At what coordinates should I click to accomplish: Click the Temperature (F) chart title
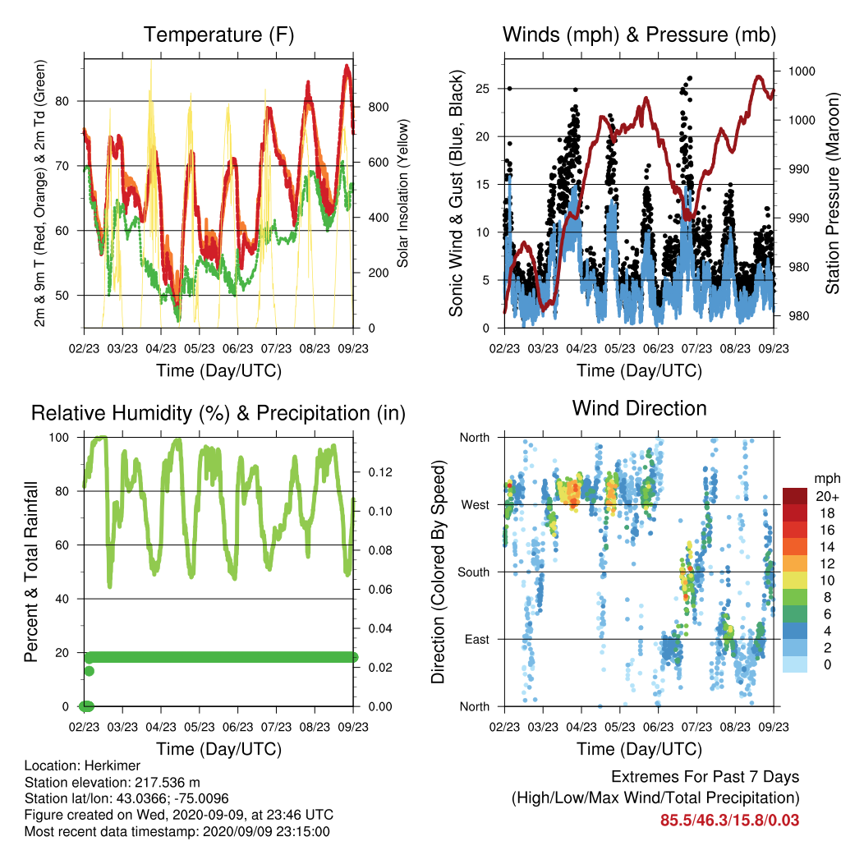pyautogui.click(x=218, y=34)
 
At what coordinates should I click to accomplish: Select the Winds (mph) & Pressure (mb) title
pyautogui.click(x=639, y=34)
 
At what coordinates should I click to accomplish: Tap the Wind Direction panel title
pyautogui.click(x=639, y=408)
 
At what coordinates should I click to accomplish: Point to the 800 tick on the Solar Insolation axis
pyautogui.click(x=378, y=108)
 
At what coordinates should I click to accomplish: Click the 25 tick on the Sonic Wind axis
pyautogui.click(x=483, y=89)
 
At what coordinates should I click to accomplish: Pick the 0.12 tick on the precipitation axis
pyautogui.click(x=380, y=472)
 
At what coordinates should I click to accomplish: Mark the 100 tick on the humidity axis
pyautogui.click(x=59, y=438)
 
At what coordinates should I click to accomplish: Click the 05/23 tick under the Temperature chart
pyautogui.click(x=200, y=348)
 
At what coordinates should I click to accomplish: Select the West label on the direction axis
pyautogui.click(x=476, y=505)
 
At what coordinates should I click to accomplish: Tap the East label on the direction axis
pyautogui.click(x=477, y=639)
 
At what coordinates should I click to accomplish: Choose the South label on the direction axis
pyautogui.click(x=474, y=572)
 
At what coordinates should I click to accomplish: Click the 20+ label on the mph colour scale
pyautogui.click(x=827, y=497)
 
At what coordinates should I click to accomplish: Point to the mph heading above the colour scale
pyautogui.click(x=827, y=479)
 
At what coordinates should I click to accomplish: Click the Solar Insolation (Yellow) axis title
pyautogui.click(x=402, y=193)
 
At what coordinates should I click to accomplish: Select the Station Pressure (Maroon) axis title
pyautogui.click(x=833, y=193)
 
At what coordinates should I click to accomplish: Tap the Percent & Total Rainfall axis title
pyautogui.click(x=31, y=572)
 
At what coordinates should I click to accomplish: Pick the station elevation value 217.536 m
pyautogui.click(x=167, y=783)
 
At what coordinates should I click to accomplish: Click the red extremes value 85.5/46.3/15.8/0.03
pyautogui.click(x=729, y=820)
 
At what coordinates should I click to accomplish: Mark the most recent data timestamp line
pyautogui.click(x=177, y=832)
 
